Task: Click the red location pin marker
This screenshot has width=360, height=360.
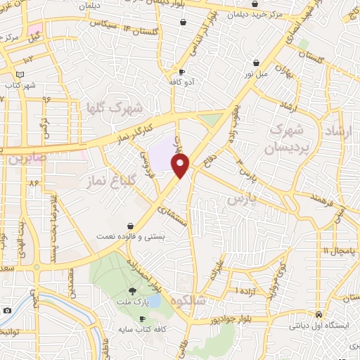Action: tap(181, 166)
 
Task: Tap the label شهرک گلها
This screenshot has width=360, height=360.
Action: tap(113, 108)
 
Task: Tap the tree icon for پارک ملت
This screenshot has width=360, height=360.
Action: tap(132, 291)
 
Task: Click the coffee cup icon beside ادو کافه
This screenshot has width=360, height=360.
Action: tap(181, 72)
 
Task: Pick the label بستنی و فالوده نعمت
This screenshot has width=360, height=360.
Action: tap(130, 237)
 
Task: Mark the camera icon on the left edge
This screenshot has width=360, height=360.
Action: tap(7, 310)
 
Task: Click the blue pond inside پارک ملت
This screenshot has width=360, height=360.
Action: tap(155, 301)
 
